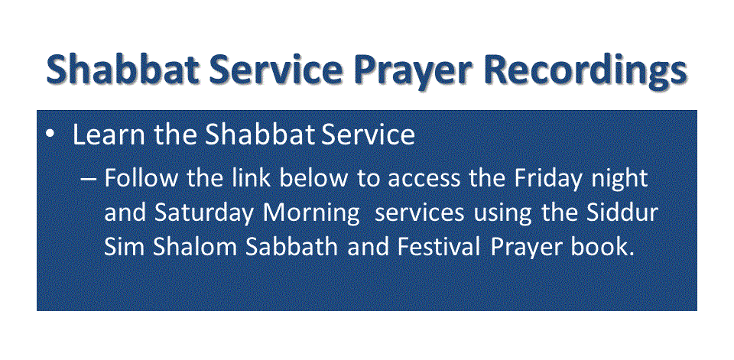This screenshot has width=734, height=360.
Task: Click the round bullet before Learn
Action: coord(50,134)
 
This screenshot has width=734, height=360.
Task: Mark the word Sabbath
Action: coord(291,247)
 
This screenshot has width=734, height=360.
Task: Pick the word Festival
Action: coord(439,247)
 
